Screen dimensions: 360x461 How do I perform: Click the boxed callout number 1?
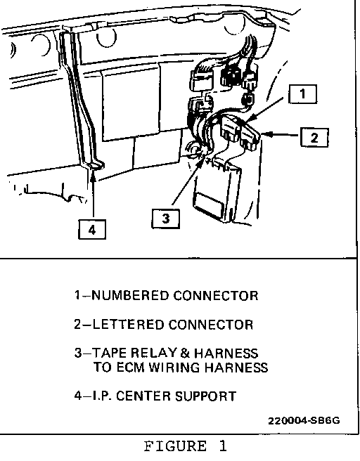(x=302, y=94)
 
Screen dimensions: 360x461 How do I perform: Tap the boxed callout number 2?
(x=314, y=137)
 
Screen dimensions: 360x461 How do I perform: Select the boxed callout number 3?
(x=166, y=219)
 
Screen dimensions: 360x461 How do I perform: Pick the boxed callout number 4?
(x=92, y=229)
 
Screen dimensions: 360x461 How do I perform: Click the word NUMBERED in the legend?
(x=131, y=295)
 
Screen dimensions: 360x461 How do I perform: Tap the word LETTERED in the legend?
(x=128, y=325)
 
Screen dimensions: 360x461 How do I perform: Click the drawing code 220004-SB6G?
(x=304, y=421)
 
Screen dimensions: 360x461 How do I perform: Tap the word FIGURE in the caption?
(x=175, y=446)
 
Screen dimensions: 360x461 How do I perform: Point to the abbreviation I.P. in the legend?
(x=102, y=396)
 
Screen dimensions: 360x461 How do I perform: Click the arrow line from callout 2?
(x=281, y=135)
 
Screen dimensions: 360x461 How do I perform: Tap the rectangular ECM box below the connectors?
(x=217, y=191)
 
